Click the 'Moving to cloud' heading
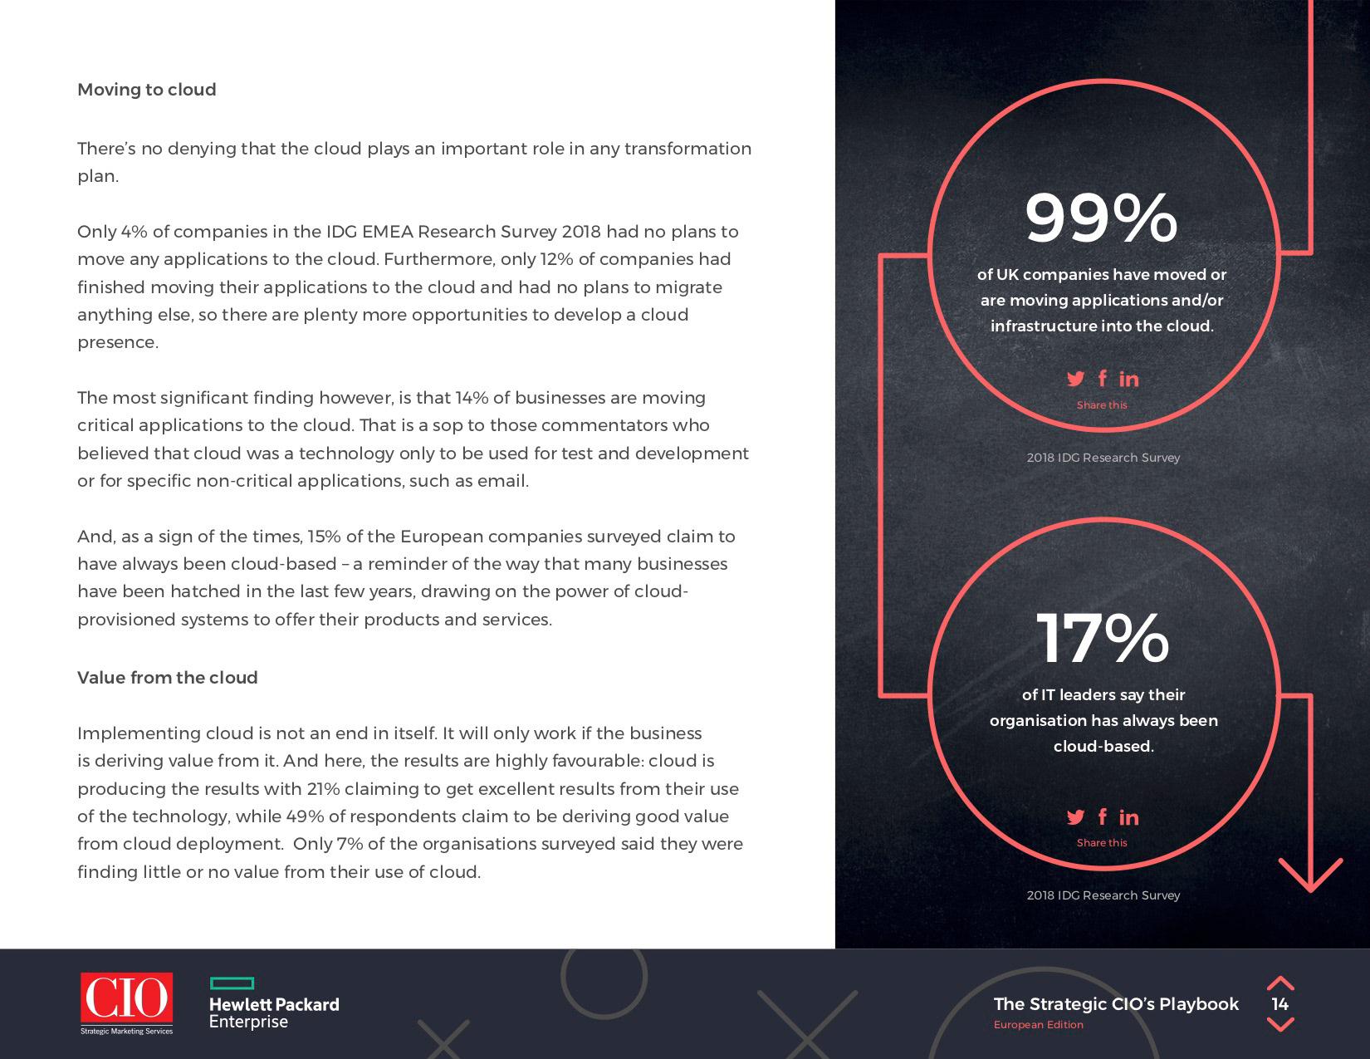(x=146, y=90)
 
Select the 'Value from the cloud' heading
(x=167, y=678)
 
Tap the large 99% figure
(x=1101, y=218)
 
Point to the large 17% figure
(x=1102, y=639)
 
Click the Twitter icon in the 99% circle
(x=1075, y=379)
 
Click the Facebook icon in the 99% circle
(x=1102, y=379)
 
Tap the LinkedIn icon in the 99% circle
(x=1128, y=379)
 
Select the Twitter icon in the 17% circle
(x=1075, y=817)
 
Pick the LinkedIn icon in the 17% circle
(x=1128, y=817)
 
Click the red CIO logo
(x=126, y=998)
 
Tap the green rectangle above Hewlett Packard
(x=232, y=983)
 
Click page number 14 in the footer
(x=1279, y=1004)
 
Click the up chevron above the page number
(x=1280, y=983)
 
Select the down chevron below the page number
(x=1280, y=1025)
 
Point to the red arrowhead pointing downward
(x=1310, y=876)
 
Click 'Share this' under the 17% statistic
(x=1102, y=842)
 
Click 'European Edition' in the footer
(x=1038, y=1025)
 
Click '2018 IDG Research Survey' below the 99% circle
(x=1103, y=458)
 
